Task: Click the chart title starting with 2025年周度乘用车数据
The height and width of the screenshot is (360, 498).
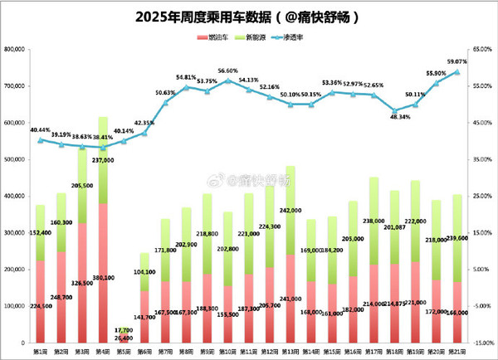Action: tap(249, 15)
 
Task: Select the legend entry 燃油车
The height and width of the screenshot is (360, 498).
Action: tap(217, 38)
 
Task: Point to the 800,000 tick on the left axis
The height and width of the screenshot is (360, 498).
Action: tap(15, 50)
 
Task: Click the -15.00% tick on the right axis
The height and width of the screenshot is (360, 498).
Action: tap(481, 343)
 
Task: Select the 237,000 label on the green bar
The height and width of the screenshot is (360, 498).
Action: tap(105, 161)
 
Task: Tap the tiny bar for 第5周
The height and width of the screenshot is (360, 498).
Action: tap(124, 335)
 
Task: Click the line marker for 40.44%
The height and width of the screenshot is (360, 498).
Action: tap(41, 140)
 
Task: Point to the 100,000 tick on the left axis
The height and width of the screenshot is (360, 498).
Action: tap(15, 306)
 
